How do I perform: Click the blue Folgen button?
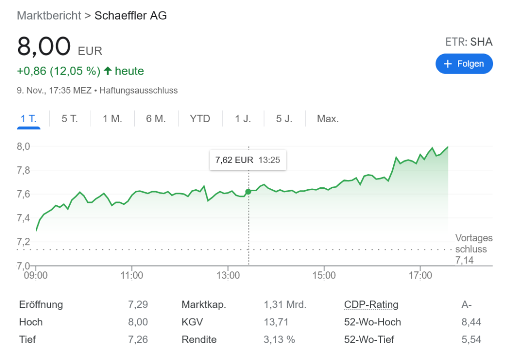[464, 64]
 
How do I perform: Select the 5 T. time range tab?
[70, 119]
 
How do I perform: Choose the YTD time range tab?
[200, 119]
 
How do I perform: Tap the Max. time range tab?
[328, 119]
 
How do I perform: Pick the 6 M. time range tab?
[156, 119]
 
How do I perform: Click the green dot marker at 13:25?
[248, 192]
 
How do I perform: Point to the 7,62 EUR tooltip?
[247, 160]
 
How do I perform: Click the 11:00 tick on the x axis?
[132, 275]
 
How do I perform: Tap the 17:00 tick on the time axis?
[420, 275]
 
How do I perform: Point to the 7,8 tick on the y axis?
[24, 170]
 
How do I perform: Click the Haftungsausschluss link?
[139, 91]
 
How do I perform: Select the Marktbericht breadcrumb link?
[49, 16]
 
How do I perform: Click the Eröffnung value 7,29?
[138, 304]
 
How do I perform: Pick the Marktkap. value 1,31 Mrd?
[285, 304]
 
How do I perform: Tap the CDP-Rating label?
[371, 304]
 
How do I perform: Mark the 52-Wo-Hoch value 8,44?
[471, 322]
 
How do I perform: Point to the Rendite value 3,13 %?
[279, 339]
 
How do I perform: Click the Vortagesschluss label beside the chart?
[473, 244]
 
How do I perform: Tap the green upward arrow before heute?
[108, 71]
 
